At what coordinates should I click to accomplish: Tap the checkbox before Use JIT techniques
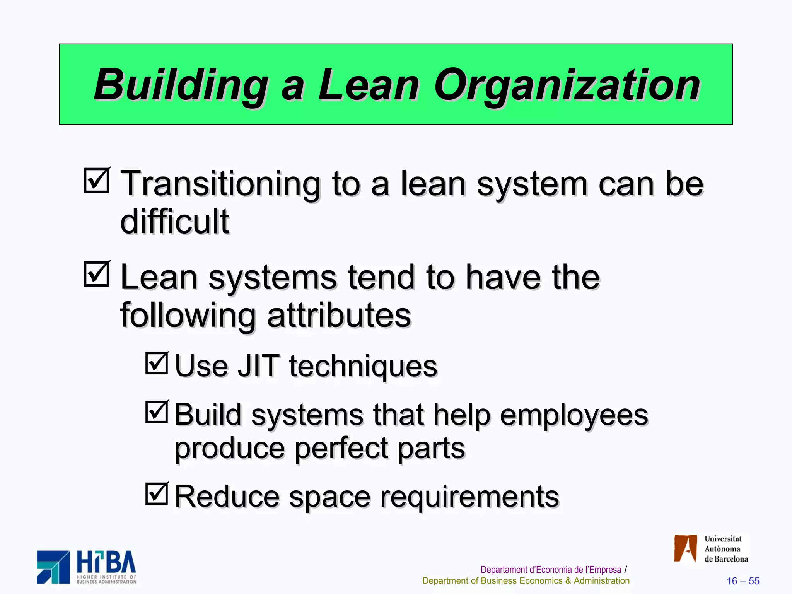tap(157, 364)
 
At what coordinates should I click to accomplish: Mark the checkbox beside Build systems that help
tap(157, 412)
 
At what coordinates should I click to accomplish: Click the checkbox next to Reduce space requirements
tap(157, 494)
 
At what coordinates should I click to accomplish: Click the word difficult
tap(175, 222)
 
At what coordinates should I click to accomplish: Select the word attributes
tap(339, 315)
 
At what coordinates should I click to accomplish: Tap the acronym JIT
tap(258, 366)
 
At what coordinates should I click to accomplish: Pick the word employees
tap(574, 415)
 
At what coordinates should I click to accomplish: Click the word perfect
tap(341, 449)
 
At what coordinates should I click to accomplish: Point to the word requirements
tap(469, 497)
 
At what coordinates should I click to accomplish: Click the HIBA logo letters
tap(106, 563)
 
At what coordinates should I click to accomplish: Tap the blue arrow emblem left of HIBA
tap(53, 567)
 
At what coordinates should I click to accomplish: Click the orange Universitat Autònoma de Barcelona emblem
tap(685, 548)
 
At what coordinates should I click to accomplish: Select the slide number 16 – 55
tap(743, 581)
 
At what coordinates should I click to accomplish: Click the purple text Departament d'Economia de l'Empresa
tap(550, 570)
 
